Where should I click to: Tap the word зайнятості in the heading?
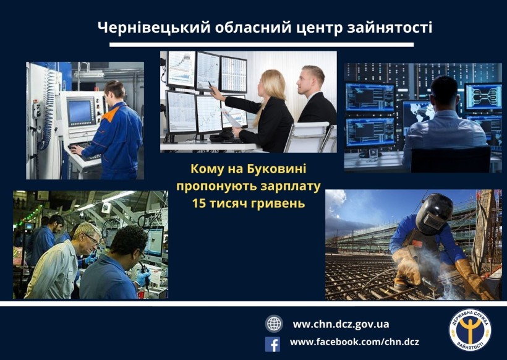coord(390,28)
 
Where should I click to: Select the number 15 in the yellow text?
coord(198,204)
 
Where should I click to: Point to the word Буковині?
coord(276,169)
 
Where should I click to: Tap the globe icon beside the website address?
coord(274,324)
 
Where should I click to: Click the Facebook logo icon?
coord(273,345)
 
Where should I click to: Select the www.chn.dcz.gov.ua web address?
coord(341,324)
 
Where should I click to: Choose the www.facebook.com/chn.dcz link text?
coord(354,342)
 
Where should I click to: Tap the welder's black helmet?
coord(434,213)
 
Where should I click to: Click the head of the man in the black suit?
coord(311,80)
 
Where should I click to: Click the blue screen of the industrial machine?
coord(80,112)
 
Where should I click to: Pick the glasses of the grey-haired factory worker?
coord(93,239)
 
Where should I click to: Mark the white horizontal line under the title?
coord(262,45)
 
